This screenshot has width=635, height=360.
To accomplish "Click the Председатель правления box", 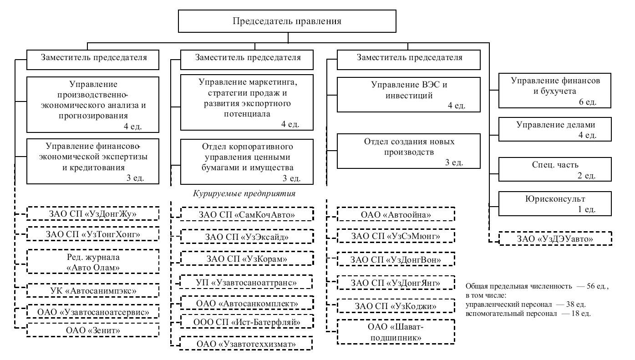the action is click(287, 21).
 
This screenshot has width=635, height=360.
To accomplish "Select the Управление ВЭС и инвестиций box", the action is click(408, 95).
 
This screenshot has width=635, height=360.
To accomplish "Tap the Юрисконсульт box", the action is click(555, 204).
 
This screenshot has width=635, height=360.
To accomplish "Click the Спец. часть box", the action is click(555, 169).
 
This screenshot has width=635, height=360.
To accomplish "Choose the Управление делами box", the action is click(555, 129).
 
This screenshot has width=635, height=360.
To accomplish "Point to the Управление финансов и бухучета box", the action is click(555, 91).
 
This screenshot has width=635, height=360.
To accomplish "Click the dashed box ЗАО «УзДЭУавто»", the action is click(555, 238).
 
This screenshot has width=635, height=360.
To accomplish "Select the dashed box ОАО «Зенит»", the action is click(93, 330).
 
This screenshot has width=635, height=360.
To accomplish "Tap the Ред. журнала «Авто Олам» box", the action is click(93, 262).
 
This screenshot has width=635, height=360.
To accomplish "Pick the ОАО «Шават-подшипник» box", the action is click(396, 332).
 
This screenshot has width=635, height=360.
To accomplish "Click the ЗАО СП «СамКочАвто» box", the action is click(247, 214).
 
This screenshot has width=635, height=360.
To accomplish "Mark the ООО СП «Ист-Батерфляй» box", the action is click(247, 322).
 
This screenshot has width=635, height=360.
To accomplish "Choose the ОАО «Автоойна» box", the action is click(396, 214).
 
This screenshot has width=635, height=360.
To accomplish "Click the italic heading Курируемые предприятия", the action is click(244, 193).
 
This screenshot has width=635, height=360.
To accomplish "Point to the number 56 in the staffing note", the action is click(590, 286).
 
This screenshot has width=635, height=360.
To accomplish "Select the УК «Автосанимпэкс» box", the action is click(93, 290).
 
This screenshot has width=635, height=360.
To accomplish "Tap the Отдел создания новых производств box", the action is click(408, 151).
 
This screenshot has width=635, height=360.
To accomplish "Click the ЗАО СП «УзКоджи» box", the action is click(396, 306).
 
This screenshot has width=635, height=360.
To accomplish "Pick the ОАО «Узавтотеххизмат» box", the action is click(246, 344).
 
